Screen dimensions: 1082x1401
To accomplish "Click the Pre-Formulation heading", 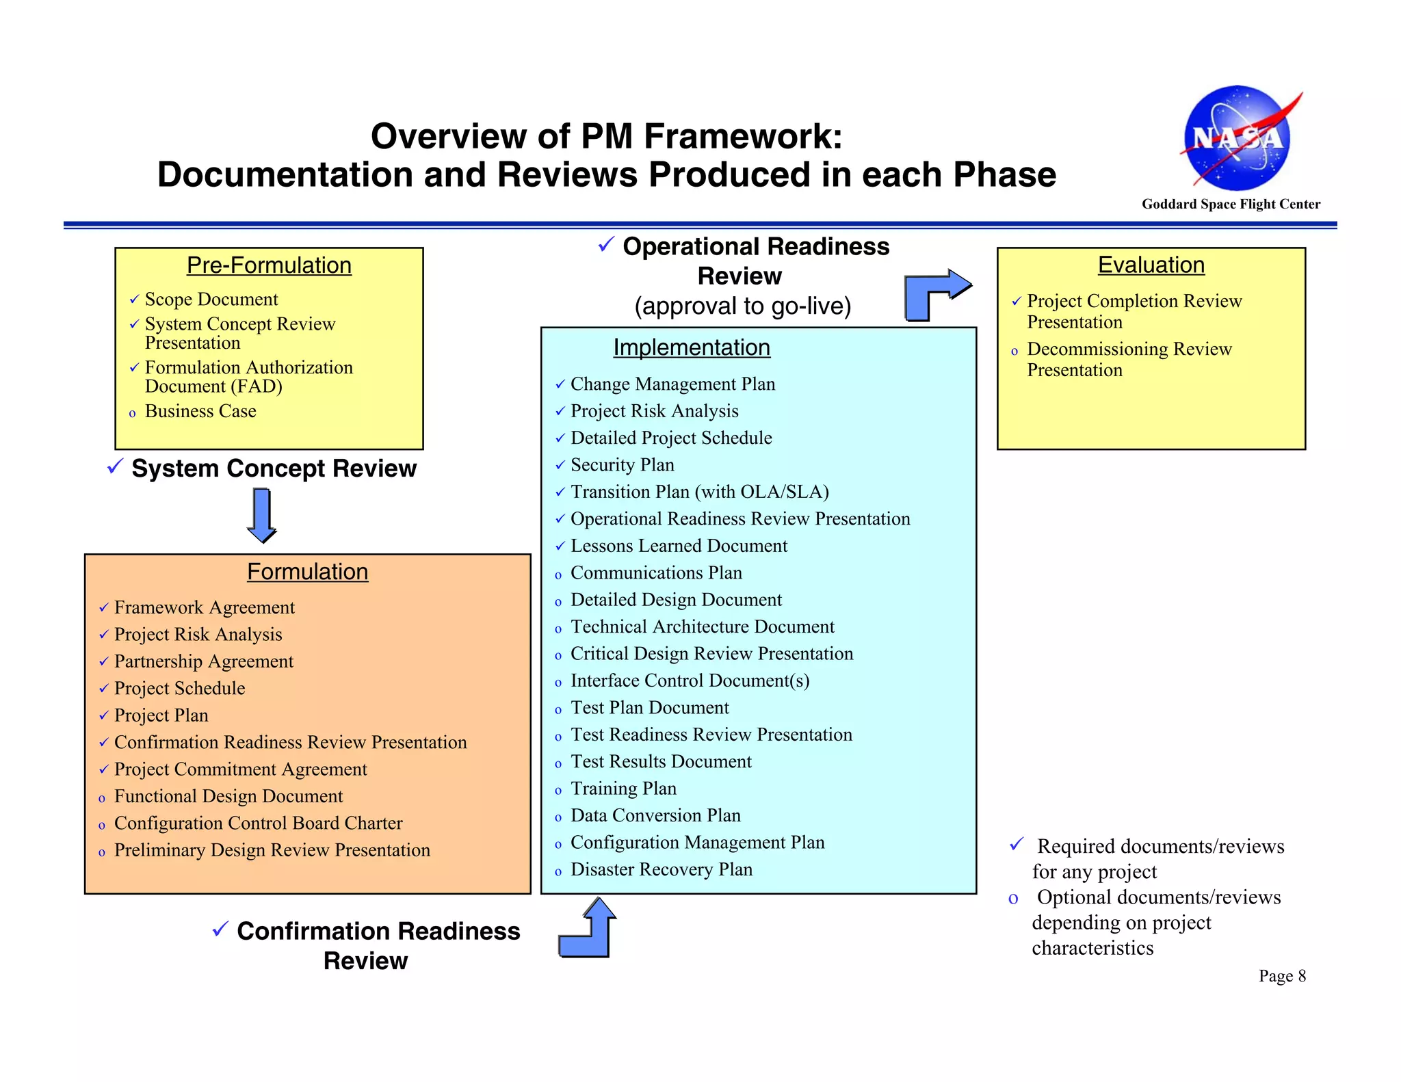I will tap(269, 265).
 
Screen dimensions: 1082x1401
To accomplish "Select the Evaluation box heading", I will tap(1151, 265).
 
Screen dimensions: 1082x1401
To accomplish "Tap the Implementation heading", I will tap(691, 347).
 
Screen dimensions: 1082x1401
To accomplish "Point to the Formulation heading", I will tap(307, 572).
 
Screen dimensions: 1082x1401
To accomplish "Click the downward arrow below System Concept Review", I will tap(262, 515).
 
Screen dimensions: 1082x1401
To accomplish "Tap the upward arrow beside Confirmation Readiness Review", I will tap(589, 929).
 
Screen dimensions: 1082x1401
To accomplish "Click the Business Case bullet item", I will tap(200, 411).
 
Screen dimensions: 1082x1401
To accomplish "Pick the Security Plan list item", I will tap(622, 465).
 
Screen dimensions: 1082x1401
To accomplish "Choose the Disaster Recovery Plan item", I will tap(661, 869).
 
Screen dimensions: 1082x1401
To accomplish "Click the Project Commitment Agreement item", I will tap(240, 769).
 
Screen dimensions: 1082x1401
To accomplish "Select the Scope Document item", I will tap(211, 300).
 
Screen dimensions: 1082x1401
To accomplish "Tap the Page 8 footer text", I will tap(1282, 976).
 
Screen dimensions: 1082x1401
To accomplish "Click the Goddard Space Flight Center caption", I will tap(1231, 204).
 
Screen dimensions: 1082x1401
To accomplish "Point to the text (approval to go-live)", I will tap(742, 306).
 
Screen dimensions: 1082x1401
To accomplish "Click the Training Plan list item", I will tap(623, 789).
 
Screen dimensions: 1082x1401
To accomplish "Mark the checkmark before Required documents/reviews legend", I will tap(1017, 845).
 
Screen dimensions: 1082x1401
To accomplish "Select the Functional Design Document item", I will tap(228, 796).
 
